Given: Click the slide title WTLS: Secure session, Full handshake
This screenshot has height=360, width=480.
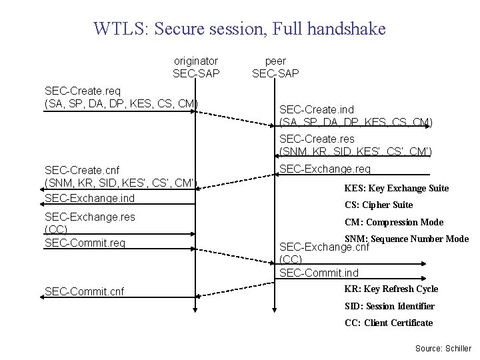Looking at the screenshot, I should click(x=239, y=29).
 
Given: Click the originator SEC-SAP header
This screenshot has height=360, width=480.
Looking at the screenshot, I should click(x=195, y=67).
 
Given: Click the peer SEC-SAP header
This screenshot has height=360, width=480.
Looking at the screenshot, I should click(x=275, y=67).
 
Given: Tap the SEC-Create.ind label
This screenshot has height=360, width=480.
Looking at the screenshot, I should click(x=317, y=109).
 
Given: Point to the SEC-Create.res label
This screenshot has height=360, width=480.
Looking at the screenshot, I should click(x=317, y=139).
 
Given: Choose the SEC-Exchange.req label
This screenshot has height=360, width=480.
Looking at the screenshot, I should click(x=325, y=169).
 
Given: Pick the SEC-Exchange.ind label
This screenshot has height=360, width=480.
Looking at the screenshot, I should click(x=89, y=198).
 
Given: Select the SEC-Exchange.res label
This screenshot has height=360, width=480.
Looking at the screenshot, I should click(x=89, y=217).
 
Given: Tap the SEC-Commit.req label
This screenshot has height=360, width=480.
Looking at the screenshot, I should click(x=85, y=243).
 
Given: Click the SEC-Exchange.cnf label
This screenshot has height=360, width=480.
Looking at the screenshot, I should click(x=324, y=247).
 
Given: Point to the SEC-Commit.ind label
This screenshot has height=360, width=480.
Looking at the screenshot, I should click(x=319, y=273).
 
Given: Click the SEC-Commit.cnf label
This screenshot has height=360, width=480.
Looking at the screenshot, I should click(x=84, y=291).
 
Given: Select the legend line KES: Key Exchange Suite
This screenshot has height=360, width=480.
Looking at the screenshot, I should click(x=396, y=188).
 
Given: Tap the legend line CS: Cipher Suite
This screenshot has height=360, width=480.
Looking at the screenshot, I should click(x=378, y=205).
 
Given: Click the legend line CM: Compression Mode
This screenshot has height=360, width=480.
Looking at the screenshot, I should click(x=393, y=222).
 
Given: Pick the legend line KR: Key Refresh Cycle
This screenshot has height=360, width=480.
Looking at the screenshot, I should click(x=391, y=289).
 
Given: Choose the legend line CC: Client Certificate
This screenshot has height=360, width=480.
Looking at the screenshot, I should click(x=388, y=323).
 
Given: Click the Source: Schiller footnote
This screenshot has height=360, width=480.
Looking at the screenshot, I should click(x=443, y=349).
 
